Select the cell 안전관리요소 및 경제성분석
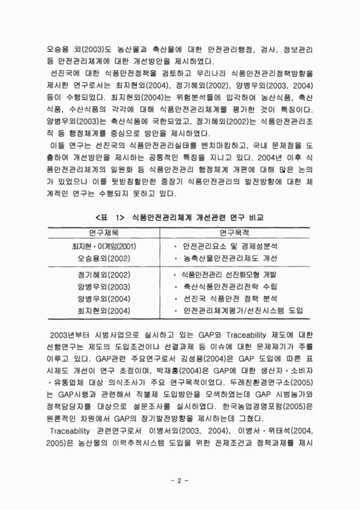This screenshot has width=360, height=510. click(229, 246)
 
